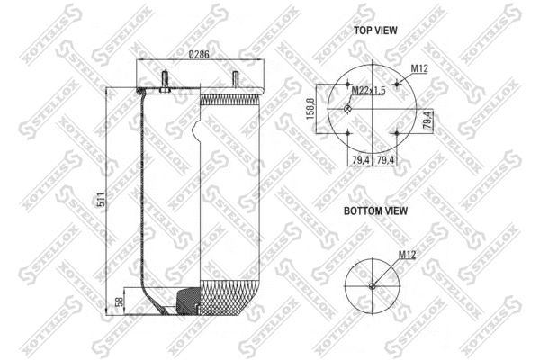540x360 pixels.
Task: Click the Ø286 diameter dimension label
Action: coord(198,55)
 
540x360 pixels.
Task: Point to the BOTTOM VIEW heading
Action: coord(374,211)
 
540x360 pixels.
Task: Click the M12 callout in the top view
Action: coord(418,68)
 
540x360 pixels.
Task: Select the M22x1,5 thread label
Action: coord(368,90)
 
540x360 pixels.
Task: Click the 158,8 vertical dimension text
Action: coord(310,110)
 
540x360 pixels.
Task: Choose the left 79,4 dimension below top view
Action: coord(360,160)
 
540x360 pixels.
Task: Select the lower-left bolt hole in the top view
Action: coord(349,133)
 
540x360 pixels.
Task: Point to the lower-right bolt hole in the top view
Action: coord(397,133)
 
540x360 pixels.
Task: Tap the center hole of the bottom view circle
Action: coord(373,287)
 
